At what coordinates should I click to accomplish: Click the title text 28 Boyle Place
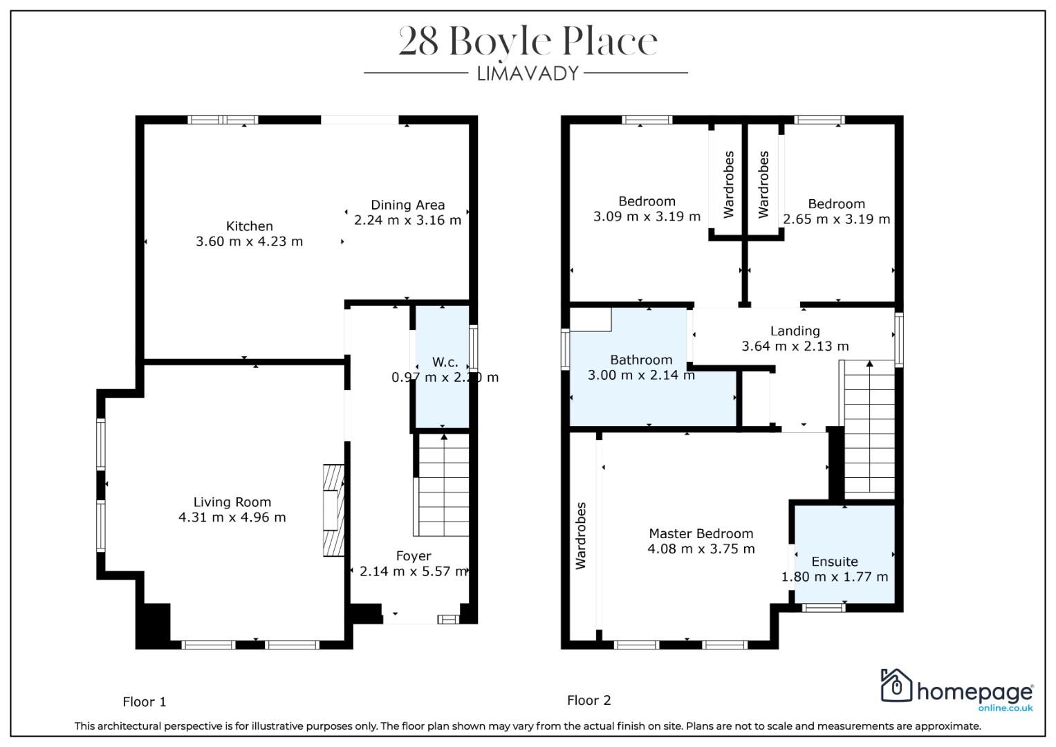point(528,41)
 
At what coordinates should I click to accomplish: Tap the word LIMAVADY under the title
point(528,73)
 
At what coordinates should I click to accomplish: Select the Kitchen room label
point(250,226)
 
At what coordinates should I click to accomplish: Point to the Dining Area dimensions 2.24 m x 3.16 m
point(407,220)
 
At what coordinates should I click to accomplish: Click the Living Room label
point(232,502)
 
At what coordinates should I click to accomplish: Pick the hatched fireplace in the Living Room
point(333,510)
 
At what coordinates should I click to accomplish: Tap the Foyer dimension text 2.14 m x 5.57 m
point(414,571)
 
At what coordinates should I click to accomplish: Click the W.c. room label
point(445,362)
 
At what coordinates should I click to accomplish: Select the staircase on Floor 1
point(441,486)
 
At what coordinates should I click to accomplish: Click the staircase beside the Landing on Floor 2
point(867,429)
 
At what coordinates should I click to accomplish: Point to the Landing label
point(795,331)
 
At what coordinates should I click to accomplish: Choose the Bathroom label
point(641,360)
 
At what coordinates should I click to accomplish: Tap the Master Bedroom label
point(701,534)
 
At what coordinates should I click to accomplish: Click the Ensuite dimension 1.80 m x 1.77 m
point(835,577)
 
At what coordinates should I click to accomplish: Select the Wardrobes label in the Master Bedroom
point(581,536)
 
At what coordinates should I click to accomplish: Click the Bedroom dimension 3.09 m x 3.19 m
point(647,217)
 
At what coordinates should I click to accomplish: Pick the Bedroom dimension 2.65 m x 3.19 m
point(836,219)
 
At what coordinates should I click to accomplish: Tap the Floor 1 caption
point(145,702)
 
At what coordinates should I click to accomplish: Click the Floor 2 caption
point(589,701)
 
